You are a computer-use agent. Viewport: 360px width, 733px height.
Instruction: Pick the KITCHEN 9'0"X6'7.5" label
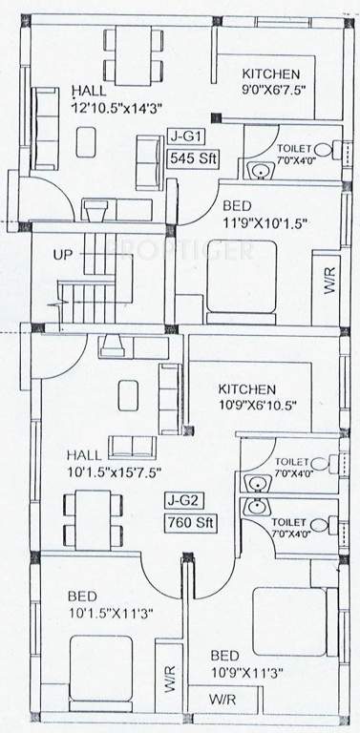click(x=270, y=83)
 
